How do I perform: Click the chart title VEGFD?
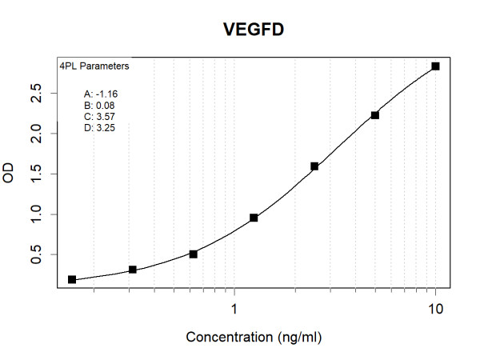[254, 30]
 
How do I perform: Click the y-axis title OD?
[10, 174]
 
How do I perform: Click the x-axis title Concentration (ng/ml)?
[254, 338]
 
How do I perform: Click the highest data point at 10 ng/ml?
[436, 66]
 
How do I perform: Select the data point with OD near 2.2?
[375, 115]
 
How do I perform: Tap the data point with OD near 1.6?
[314, 166]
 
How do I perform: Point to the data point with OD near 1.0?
[254, 218]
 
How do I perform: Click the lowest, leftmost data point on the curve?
[72, 279]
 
